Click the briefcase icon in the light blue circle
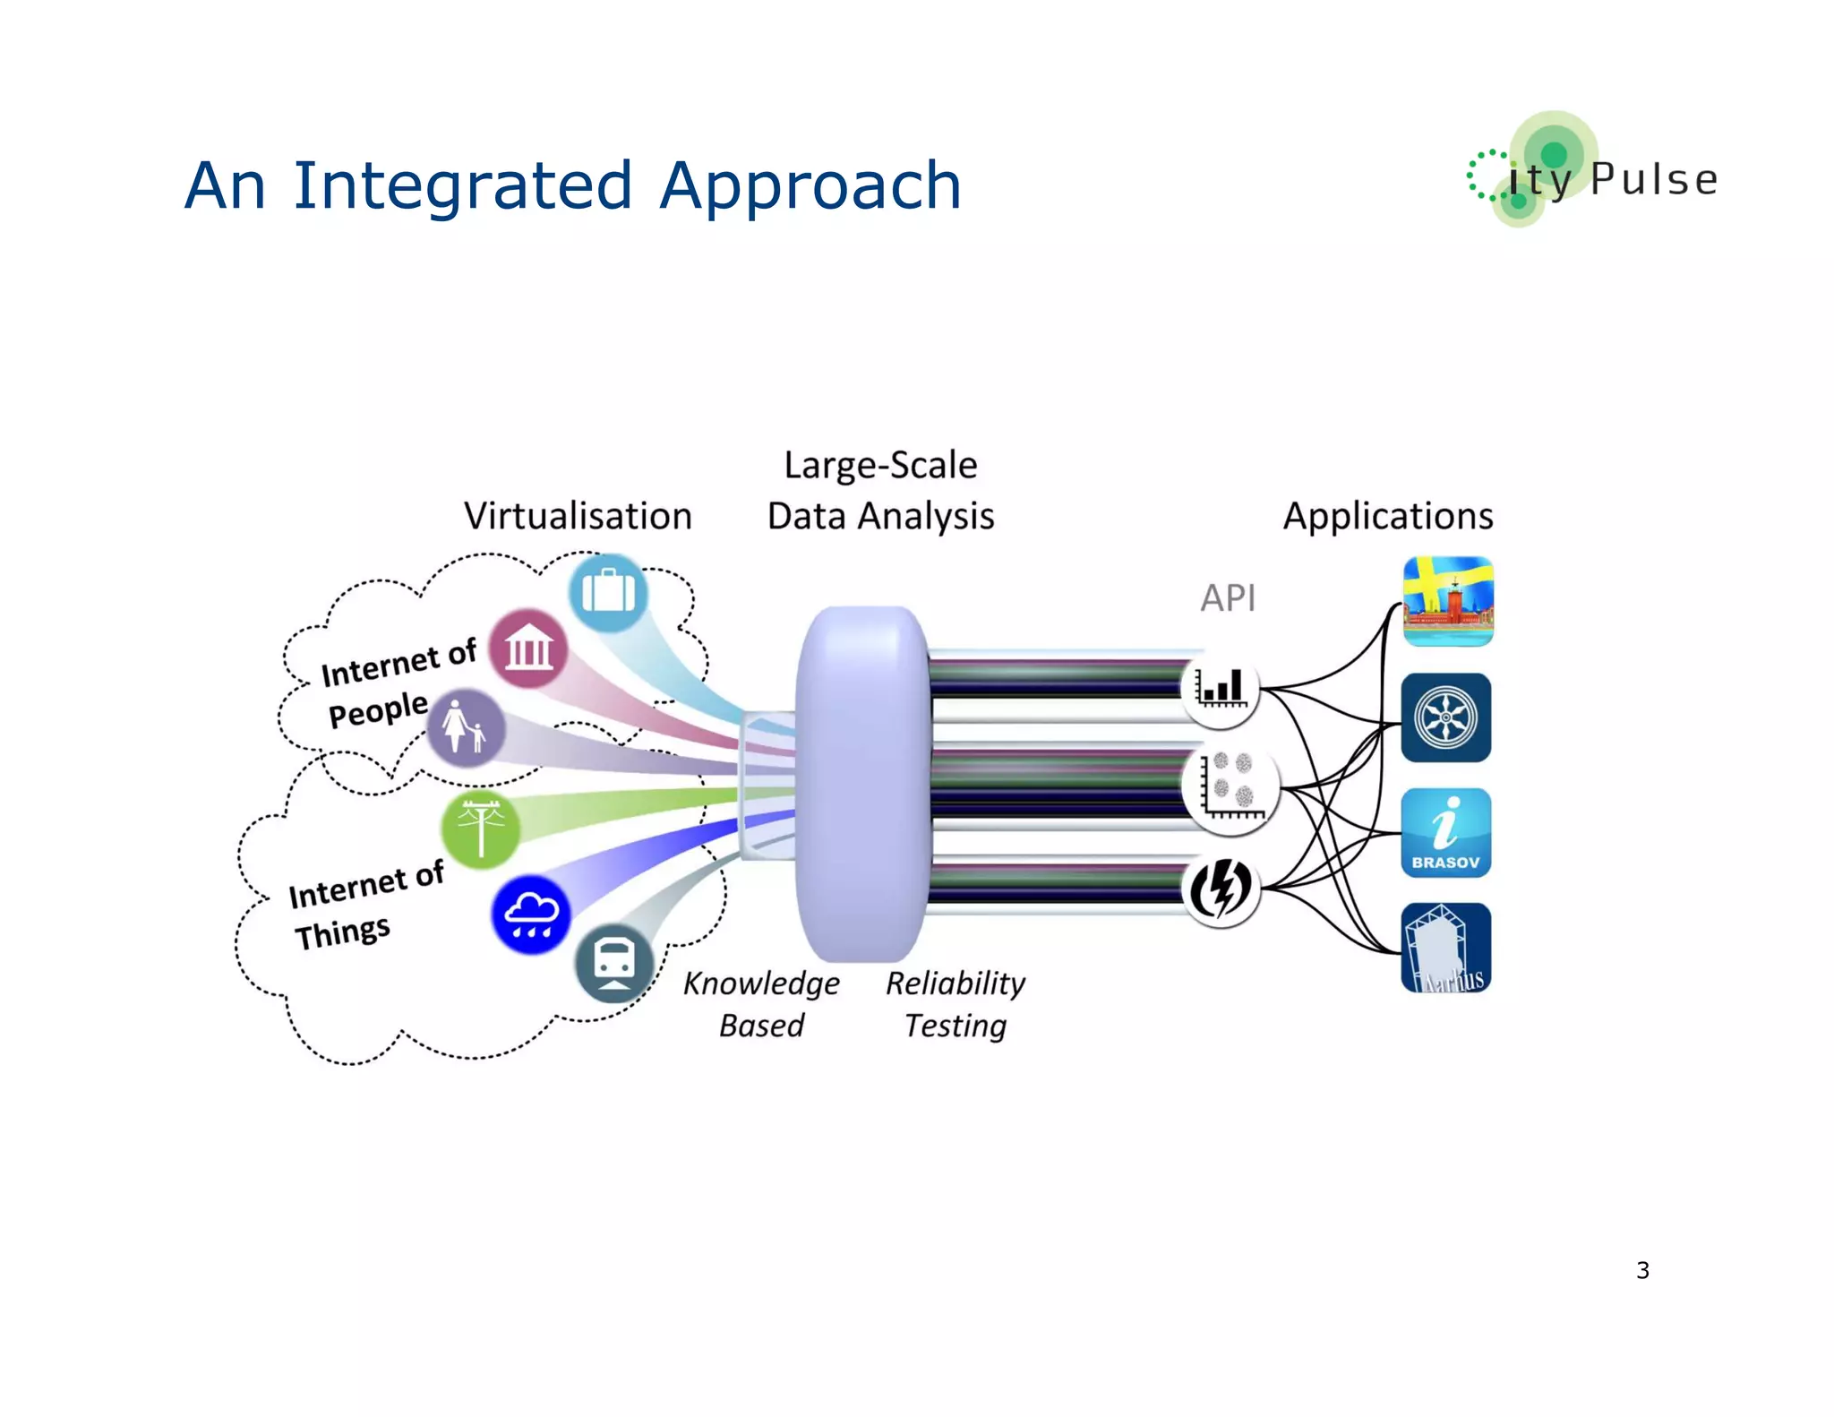click(x=608, y=592)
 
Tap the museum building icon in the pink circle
click(x=528, y=648)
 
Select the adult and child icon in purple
click(x=465, y=726)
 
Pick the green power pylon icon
click(x=481, y=829)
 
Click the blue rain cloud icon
click(x=531, y=914)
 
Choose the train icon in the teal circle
click(x=614, y=963)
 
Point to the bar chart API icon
click(x=1220, y=689)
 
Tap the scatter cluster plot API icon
click(x=1230, y=787)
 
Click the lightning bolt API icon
click(x=1220, y=889)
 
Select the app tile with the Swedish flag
click(x=1447, y=601)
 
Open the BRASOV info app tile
click(x=1445, y=832)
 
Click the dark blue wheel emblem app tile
click(x=1445, y=717)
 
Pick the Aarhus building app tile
click(x=1445, y=948)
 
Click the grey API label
click(x=1228, y=597)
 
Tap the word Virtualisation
click(x=578, y=516)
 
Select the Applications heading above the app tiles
click(x=1387, y=516)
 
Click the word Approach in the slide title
click(x=810, y=186)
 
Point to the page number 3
click(x=1642, y=1270)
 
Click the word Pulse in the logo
click(x=1654, y=179)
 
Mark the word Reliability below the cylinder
click(x=955, y=983)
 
